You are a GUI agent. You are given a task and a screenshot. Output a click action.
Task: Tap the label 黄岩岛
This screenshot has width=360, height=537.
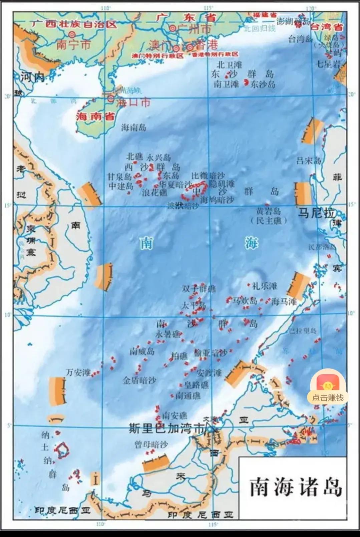click(268, 211)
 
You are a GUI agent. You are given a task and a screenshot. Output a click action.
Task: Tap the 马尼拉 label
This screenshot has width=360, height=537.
click(316, 213)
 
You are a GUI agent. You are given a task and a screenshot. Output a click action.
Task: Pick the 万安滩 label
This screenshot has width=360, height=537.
click(78, 372)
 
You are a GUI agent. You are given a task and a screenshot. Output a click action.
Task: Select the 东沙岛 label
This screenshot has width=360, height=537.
click(263, 84)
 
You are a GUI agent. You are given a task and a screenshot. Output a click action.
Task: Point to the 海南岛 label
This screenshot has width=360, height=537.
click(133, 127)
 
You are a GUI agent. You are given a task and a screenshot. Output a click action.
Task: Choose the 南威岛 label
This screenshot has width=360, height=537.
click(142, 351)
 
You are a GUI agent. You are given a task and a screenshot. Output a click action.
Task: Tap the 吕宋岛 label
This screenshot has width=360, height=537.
click(309, 161)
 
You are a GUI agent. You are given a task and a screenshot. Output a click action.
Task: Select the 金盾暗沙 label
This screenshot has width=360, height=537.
click(139, 380)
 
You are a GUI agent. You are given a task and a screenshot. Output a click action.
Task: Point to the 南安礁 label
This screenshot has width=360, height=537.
click(174, 416)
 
